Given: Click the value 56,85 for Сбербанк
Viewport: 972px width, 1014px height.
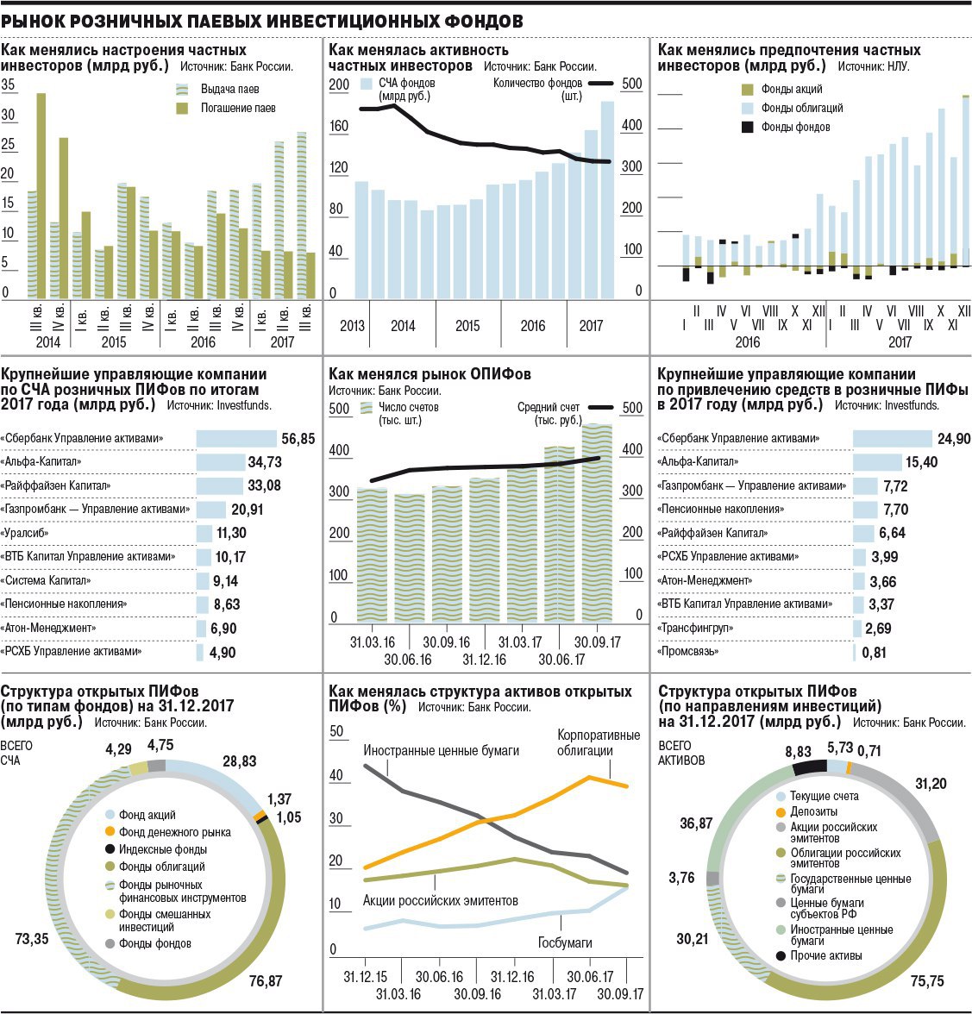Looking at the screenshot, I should pyautogui.click(x=298, y=439).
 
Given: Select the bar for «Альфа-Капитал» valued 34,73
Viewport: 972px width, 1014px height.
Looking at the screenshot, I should pyautogui.click(x=220, y=462).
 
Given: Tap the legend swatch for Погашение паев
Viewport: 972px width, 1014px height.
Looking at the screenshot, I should pyautogui.click(x=182, y=109).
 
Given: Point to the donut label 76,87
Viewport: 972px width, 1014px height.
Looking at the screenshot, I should pyautogui.click(x=266, y=980).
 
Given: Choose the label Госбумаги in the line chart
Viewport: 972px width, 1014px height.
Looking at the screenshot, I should pyautogui.click(x=565, y=942).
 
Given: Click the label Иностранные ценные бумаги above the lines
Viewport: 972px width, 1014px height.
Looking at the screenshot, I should pyautogui.click(x=441, y=750).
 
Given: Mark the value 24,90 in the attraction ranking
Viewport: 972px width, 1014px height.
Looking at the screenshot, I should pyautogui.click(x=954, y=439).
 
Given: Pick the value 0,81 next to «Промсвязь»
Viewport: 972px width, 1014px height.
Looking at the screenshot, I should pyautogui.click(x=874, y=653).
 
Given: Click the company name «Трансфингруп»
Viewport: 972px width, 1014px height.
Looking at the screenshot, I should pyautogui.click(x=695, y=629).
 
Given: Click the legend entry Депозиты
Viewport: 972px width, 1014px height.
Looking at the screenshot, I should pyautogui.click(x=813, y=811).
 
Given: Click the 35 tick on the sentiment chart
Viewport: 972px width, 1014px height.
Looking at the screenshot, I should pyautogui.click(x=9, y=84).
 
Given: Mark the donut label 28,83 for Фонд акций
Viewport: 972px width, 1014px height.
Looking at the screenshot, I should pyautogui.click(x=240, y=761).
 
